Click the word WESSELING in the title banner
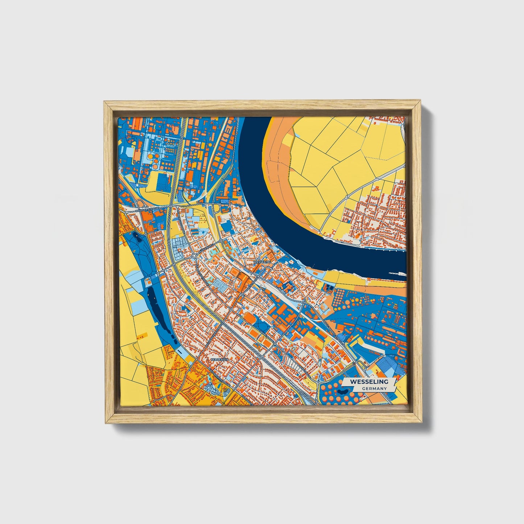[x=368, y=381]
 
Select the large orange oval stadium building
[x=250, y=318]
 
